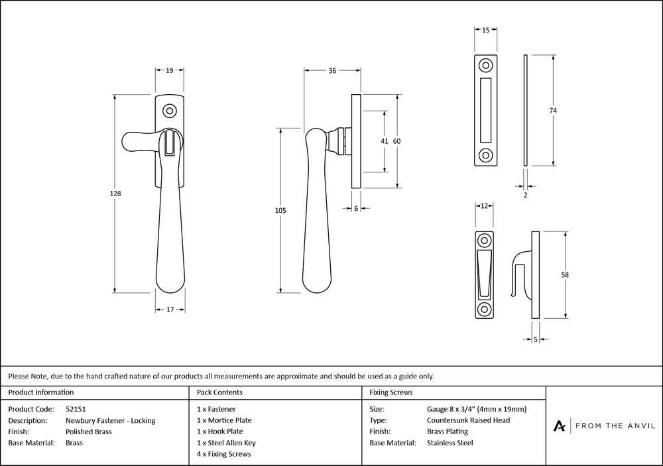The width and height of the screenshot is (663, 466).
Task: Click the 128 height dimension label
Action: [x=115, y=194]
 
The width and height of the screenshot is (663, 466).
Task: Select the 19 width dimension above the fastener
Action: [x=170, y=71]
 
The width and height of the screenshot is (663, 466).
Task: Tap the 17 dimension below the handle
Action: [x=170, y=310]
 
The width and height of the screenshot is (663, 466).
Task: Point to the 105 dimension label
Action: [x=280, y=210]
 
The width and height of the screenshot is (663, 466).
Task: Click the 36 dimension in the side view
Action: [x=332, y=71]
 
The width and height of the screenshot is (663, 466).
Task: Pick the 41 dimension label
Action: [x=384, y=141]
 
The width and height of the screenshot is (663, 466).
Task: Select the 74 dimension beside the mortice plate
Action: [x=553, y=110]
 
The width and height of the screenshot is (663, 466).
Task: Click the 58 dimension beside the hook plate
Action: [x=565, y=275]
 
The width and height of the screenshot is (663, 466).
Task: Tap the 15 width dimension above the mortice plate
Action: [x=485, y=30]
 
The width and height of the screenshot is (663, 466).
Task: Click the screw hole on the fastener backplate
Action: [x=170, y=111]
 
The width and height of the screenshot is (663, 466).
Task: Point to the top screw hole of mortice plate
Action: [x=485, y=66]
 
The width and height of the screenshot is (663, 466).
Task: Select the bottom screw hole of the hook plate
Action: [x=484, y=308]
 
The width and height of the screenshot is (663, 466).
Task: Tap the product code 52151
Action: [x=76, y=409]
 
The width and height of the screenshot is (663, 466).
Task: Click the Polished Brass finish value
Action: [x=89, y=432]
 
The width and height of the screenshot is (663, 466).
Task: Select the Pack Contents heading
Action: [x=219, y=392]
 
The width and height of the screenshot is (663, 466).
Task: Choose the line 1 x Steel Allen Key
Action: [x=226, y=443]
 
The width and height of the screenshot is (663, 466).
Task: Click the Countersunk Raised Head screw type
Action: [x=469, y=420]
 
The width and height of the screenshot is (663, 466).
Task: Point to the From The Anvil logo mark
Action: [x=559, y=426]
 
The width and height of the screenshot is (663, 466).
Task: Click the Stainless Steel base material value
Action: [x=450, y=443]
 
